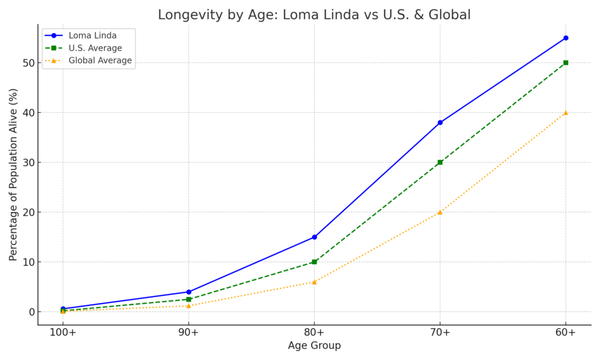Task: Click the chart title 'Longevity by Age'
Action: coord(314,15)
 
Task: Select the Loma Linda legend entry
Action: coord(88,35)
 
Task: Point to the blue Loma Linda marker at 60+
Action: coord(565,38)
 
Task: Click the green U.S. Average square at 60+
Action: coord(565,63)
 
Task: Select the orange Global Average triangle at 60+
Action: coord(565,113)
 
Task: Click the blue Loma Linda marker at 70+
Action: coord(440,123)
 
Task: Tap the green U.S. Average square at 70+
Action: coord(440,162)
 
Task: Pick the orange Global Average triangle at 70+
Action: coord(440,212)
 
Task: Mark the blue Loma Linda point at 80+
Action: coord(315,237)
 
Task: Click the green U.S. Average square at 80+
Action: coord(315,262)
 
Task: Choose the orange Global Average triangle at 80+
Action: coord(315,282)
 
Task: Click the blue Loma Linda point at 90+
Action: coord(189,292)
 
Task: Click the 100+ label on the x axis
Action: coord(63,333)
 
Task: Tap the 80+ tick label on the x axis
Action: coord(315,333)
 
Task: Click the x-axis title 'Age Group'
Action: coord(314,346)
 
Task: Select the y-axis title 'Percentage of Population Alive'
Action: coord(13,174)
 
